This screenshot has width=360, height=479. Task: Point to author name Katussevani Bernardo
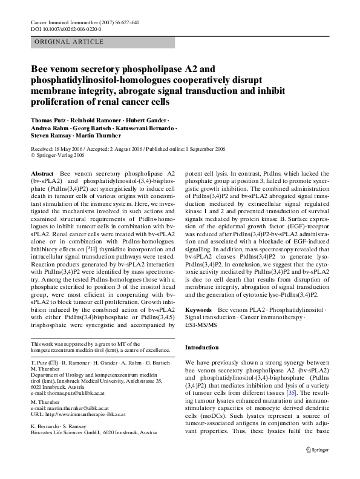[x=150, y=128]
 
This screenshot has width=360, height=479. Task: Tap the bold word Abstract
[x=42, y=173]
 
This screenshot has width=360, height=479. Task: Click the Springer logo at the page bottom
[x=318, y=466]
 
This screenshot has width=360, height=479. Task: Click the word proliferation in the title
[x=60, y=101]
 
